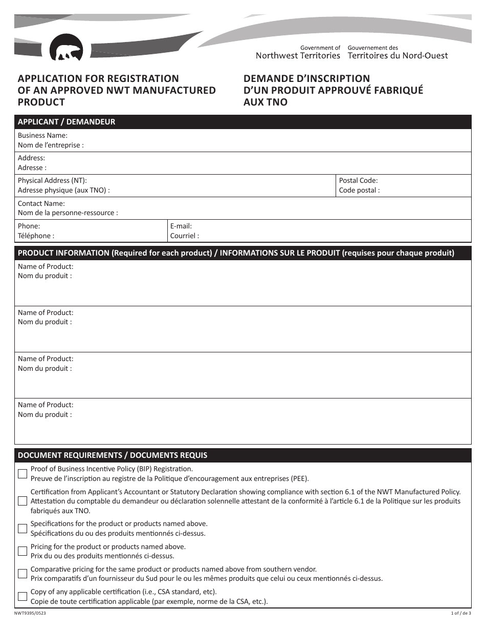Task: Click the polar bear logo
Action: (66, 48)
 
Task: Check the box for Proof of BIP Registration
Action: (23, 474)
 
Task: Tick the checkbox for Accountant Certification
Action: (23, 501)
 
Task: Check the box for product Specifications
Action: (23, 529)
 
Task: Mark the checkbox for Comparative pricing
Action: (23, 574)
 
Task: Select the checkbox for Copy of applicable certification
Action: (23, 596)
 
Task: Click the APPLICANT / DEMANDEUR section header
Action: (67, 122)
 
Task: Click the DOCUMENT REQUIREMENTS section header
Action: (113, 455)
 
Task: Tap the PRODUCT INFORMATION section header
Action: (236, 253)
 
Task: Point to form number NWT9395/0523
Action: (32, 614)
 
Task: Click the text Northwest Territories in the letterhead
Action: (298, 56)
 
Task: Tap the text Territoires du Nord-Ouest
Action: (397, 56)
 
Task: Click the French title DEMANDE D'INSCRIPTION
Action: (306, 79)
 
